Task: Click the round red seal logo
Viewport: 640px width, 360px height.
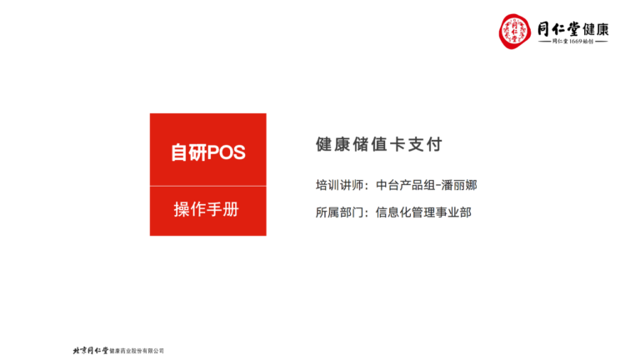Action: (x=515, y=32)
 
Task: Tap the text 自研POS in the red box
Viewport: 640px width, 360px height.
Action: (x=208, y=152)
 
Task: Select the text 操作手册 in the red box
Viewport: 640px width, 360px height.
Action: (x=207, y=209)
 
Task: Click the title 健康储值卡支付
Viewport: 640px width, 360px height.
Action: (x=379, y=144)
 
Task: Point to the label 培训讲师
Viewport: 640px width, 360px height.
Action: (x=339, y=185)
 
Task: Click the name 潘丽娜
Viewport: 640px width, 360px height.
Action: (x=459, y=185)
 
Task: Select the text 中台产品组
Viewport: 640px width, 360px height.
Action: (x=405, y=185)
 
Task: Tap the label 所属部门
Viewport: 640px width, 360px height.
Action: (x=339, y=212)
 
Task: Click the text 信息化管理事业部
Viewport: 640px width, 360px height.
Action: (x=423, y=212)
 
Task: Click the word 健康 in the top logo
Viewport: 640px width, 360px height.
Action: (x=596, y=29)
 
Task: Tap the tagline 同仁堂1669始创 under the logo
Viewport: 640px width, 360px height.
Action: (x=573, y=41)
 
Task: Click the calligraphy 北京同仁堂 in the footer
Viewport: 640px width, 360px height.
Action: (x=91, y=350)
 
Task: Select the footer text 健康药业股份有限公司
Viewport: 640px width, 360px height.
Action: (x=137, y=351)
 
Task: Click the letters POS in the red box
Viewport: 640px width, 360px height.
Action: (x=227, y=152)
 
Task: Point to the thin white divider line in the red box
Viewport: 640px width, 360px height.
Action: (x=208, y=186)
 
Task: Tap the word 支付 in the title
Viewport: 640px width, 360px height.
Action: (x=425, y=144)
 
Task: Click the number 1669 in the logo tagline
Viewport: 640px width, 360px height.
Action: (x=576, y=41)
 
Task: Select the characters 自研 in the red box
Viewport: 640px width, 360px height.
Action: (x=189, y=152)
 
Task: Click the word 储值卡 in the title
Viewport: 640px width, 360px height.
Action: (x=379, y=144)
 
